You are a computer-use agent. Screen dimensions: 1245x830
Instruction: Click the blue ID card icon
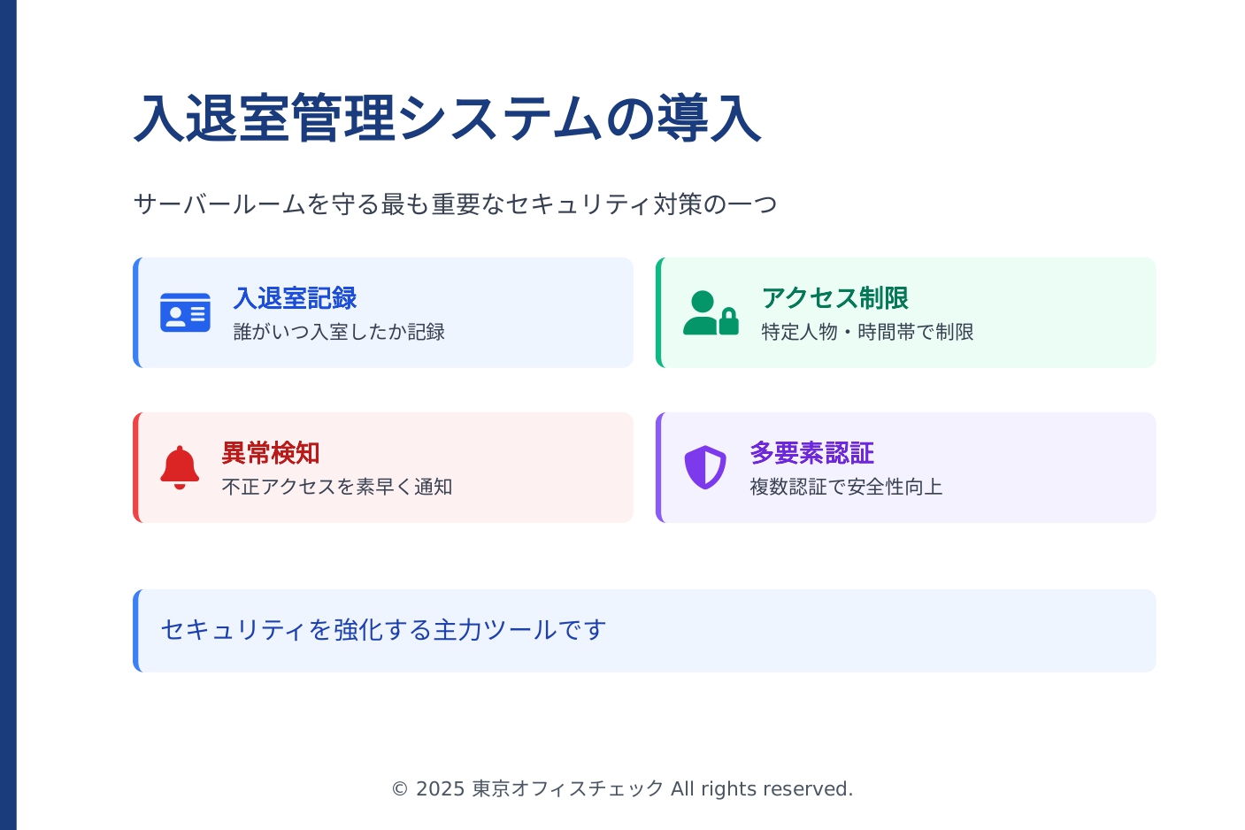click(185, 312)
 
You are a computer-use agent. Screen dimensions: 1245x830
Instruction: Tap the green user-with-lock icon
click(711, 312)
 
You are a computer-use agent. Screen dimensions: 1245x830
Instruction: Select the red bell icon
click(180, 467)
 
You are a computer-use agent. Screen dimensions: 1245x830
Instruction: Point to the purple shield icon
click(705, 467)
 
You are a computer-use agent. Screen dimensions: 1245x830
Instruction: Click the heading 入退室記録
click(296, 298)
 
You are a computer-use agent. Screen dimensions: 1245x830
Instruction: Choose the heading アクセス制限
click(834, 298)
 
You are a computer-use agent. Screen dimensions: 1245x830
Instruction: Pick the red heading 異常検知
click(271, 453)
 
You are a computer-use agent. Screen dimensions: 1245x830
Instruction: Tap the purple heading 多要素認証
click(812, 453)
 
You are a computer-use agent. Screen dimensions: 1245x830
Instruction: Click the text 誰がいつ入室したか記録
click(339, 332)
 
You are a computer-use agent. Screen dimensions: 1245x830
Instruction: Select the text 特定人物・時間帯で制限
click(868, 332)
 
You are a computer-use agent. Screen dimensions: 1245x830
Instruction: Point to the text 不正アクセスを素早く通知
click(337, 487)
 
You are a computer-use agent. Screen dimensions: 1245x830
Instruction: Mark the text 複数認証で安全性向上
click(846, 487)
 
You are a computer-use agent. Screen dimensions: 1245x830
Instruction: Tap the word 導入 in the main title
click(710, 119)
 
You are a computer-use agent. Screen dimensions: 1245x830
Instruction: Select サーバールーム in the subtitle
click(219, 204)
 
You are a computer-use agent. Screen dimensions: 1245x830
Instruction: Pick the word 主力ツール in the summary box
click(495, 630)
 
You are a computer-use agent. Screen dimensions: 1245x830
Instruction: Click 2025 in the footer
click(440, 789)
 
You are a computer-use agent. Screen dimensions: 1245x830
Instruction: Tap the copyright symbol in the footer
click(400, 789)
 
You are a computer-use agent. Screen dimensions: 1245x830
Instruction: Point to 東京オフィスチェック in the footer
click(568, 789)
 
